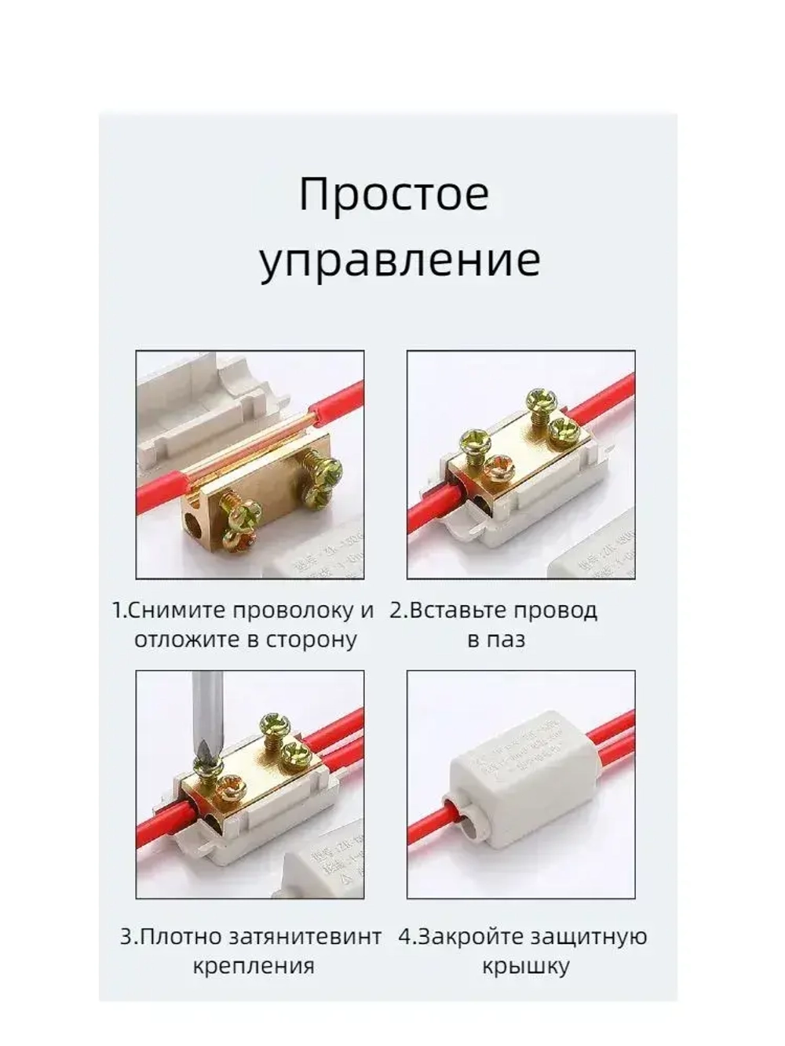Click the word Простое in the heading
click(x=393, y=195)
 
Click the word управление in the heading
click(x=400, y=261)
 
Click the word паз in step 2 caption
click(x=509, y=640)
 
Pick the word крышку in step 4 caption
click(x=526, y=966)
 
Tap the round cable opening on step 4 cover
click(x=469, y=821)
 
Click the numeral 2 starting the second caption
click(x=396, y=610)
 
